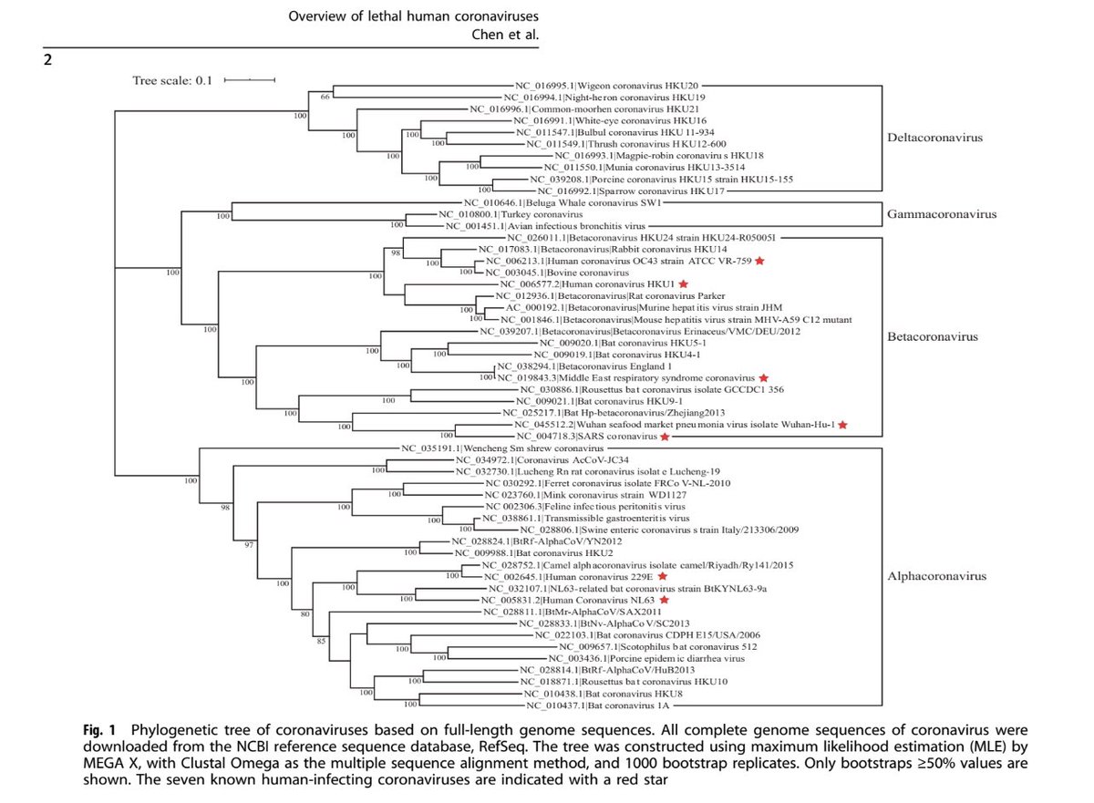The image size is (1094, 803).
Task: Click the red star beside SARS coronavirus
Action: click(x=665, y=437)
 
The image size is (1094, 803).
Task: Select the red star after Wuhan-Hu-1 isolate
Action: click(x=843, y=425)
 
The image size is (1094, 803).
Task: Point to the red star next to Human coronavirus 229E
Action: click(x=662, y=577)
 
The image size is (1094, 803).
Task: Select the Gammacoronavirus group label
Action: click(x=941, y=215)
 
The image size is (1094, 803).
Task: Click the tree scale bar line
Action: click(x=249, y=80)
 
